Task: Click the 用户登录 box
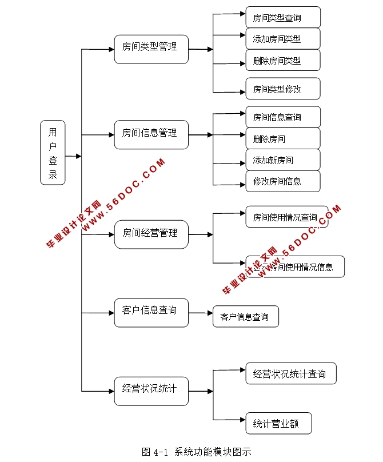(53, 153)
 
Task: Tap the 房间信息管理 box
(151, 135)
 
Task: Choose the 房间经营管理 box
(151, 234)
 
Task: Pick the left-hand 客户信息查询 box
(151, 313)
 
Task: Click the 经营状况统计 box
(151, 391)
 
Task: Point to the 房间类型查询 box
(283, 17)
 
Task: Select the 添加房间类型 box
(283, 39)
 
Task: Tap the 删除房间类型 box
(283, 60)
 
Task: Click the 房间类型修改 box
(283, 89)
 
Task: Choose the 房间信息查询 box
(283, 117)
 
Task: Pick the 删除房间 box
(283, 138)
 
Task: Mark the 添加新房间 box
(283, 160)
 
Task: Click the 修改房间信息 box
(283, 181)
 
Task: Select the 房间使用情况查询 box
(287, 217)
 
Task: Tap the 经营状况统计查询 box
(291, 373)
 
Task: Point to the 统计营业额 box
(280, 424)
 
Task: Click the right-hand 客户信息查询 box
(246, 316)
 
